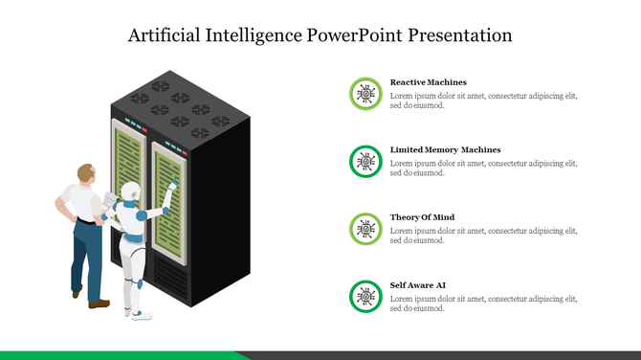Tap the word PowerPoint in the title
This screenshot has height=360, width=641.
354,36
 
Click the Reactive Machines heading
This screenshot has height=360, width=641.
428,82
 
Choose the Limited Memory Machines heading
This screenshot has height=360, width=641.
445,150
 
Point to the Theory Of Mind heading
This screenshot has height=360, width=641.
422,217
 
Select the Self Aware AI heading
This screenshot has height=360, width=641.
419,285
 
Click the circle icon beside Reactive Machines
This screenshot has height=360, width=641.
364,93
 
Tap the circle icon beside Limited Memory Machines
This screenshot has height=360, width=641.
364,161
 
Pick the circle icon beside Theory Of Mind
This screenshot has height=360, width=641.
364,228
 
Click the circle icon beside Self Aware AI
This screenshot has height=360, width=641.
364,296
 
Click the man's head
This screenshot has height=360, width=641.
87,174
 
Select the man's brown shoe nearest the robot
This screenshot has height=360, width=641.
99,304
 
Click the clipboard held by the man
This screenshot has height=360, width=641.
110,203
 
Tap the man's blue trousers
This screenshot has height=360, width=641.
88,254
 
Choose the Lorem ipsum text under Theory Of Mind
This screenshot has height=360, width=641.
483,235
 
